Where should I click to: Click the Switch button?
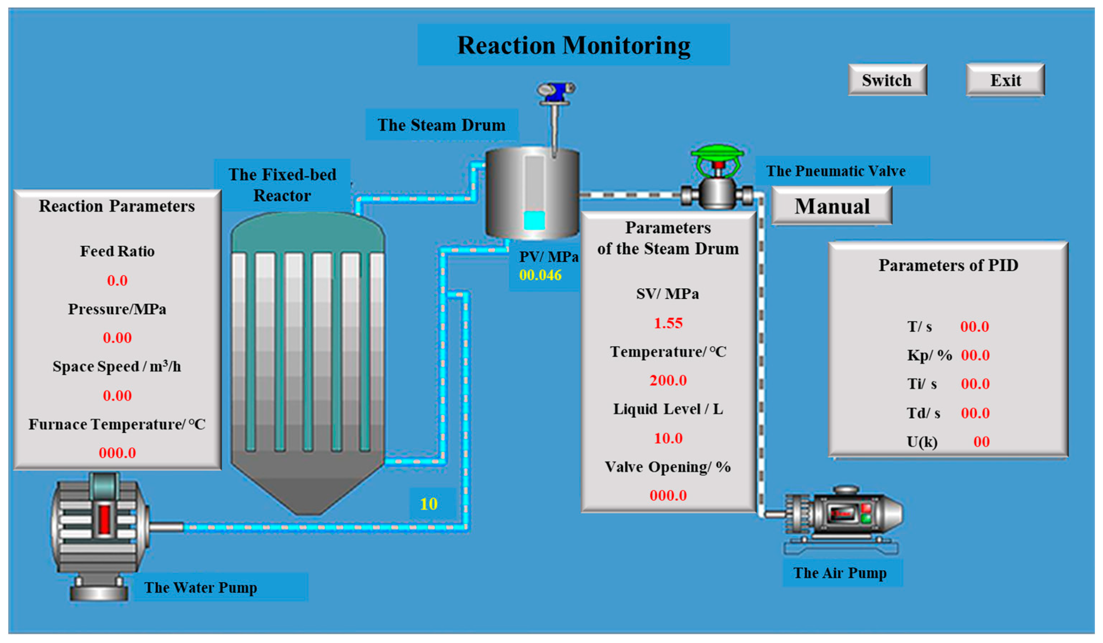point(887,80)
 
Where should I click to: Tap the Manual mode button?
point(832,206)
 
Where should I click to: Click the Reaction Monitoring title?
point(573,45)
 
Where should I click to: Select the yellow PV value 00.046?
point(540,275)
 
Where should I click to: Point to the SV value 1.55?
point(668,323)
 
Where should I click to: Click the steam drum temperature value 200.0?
point(668,380)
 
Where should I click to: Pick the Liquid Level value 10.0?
point(668,438)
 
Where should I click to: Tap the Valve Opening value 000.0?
point(668,495)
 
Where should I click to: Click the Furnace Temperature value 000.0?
point(117,452)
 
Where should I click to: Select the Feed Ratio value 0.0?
point(117,280)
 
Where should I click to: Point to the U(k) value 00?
point(981,442)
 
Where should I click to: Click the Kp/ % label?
point(929,355)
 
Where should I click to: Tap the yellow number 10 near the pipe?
point(429,504)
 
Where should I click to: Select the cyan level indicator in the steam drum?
point(534,220)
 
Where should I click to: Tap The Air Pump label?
point(840,573)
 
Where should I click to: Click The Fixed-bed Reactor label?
point(282,185)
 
